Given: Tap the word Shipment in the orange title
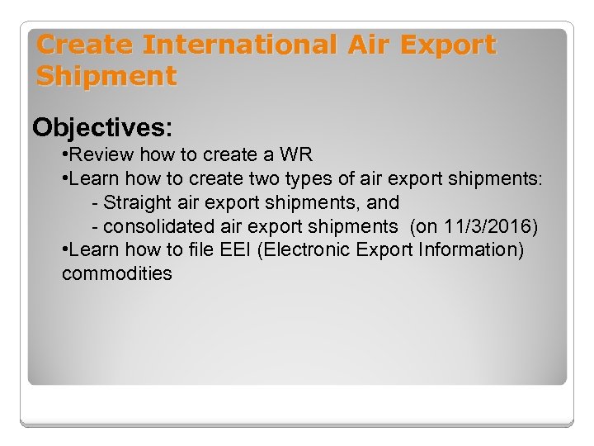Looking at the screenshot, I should coord(106,77).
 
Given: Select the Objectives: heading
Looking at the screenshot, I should coord(102,127).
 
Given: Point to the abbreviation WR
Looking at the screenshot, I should coord(295,155).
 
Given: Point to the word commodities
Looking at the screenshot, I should coord(116,273).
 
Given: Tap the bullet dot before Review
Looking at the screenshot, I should coord(65,156).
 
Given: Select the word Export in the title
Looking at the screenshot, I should coord(450,45).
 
